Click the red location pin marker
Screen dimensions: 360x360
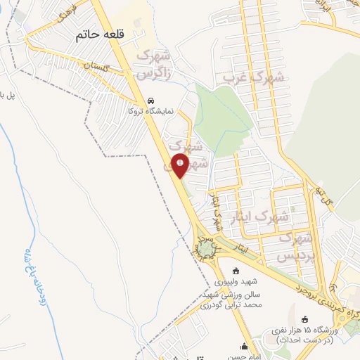(180, 166)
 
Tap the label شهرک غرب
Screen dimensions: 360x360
(253, 78)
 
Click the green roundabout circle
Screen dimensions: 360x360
(205, 249)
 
